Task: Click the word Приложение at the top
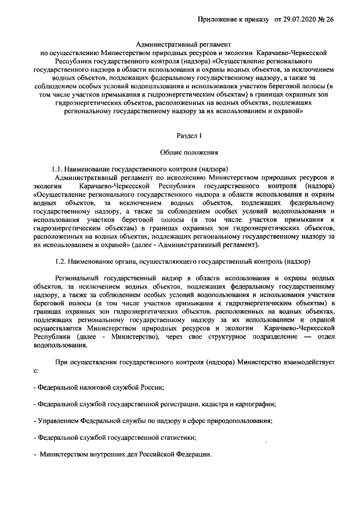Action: pos(218,19)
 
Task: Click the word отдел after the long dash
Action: pos(326,337)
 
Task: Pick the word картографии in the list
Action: pos(254,404)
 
